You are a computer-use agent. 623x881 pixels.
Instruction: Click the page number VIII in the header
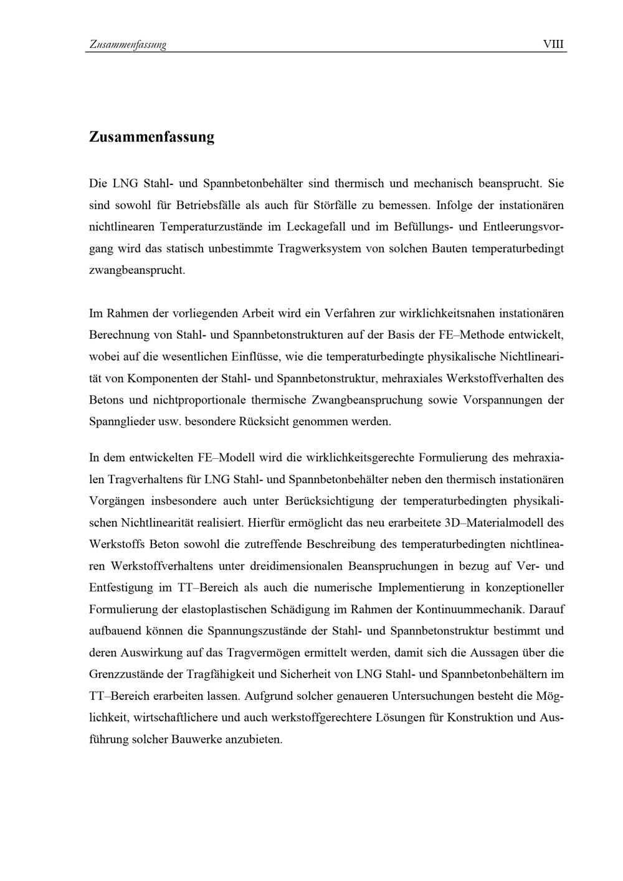[x=553, y=44]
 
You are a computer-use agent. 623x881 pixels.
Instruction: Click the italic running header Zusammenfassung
[x=128, y=45]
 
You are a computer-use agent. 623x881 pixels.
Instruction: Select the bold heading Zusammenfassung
[x=151, y=137]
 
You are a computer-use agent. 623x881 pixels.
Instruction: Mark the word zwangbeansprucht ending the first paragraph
[x=137, y=271]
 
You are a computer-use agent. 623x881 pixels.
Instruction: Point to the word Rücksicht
[x=265, y=422]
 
